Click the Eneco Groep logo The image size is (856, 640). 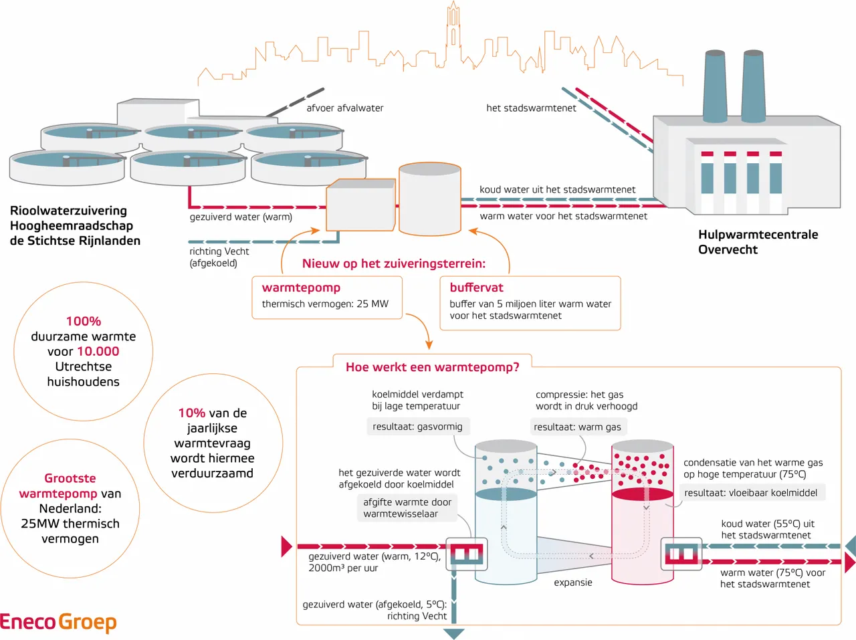point(58,622)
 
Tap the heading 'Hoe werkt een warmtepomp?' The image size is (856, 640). point(432,367)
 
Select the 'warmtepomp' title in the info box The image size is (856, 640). point(301,288)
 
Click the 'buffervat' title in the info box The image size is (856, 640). point(476,288)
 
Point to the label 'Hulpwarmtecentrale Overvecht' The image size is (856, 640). point(758,242)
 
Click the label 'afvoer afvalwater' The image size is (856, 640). point(344,108)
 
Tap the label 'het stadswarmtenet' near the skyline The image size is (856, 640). point(531,108)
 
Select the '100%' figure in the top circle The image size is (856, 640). point(84,321)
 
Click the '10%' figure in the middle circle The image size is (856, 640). point(191,413)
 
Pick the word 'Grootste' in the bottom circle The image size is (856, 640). point(70,478)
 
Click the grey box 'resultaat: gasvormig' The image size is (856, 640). point(418,427)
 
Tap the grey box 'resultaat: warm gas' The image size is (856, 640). point(577,427)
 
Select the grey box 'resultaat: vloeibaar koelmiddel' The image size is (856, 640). point(751,493)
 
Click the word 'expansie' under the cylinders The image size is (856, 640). point(573,582)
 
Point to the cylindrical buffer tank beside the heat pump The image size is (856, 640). point(430,199)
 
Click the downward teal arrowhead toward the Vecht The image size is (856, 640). point(454,633)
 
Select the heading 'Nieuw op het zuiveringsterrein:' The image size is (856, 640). point(394,263)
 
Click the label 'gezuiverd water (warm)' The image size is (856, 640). point(241,217)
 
